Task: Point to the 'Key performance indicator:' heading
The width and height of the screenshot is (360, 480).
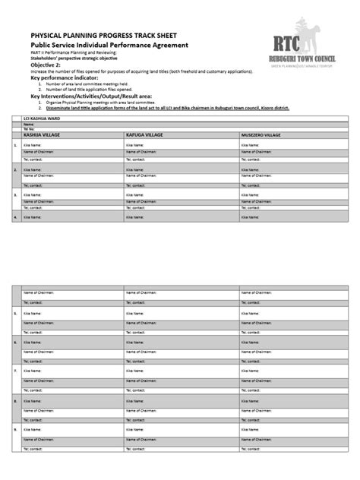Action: click(65, 77)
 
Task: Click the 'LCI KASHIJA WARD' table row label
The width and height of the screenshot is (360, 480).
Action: click(41, 120)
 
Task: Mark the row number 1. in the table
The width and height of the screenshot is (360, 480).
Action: click(14, 144)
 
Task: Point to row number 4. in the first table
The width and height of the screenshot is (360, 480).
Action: click(14, 216)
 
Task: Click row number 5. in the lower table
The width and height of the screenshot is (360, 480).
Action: click(14, 312)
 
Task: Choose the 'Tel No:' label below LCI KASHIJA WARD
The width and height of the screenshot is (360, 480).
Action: click(30, 129)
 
